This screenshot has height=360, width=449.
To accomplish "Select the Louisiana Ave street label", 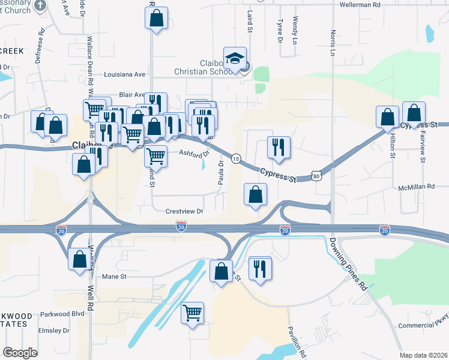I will coord(125,75).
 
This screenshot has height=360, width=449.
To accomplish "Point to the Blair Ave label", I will coord(132,95).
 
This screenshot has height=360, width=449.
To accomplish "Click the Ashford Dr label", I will coord(193,153).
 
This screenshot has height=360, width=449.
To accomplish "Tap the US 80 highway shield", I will coord(316,176).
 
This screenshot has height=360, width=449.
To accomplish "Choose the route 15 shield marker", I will coord(237,158).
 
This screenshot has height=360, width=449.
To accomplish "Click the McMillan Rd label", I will coord(416,188).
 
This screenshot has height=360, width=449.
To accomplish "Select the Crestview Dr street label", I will coord(185,211).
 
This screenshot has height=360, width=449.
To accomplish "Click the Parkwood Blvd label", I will coord(62,314).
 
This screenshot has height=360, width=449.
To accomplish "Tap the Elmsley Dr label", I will coord(55,331).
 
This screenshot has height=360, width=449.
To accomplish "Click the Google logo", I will coord(20,353).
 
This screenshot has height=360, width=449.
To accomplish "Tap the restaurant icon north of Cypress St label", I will coord(278,147).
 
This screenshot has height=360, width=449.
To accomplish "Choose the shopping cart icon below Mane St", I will coord(192,312).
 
